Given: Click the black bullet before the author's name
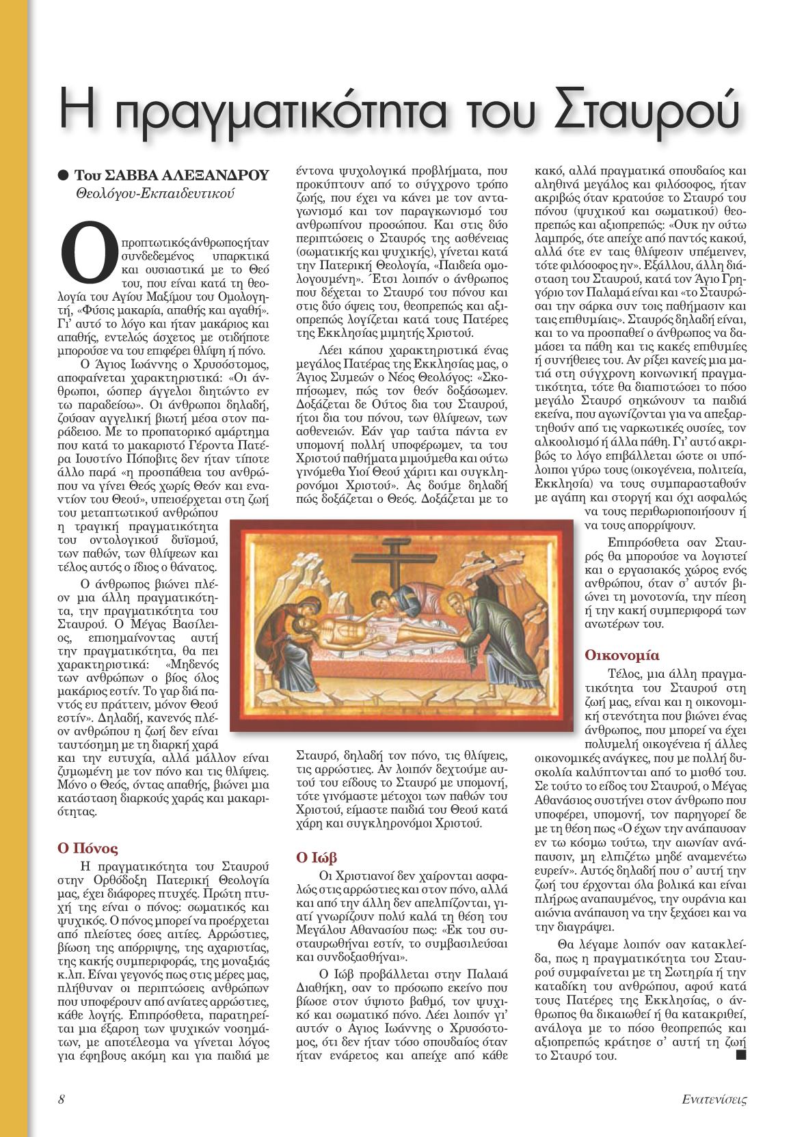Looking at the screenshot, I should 64,174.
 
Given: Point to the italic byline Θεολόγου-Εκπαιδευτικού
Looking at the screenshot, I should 155,193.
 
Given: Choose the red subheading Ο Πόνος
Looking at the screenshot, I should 87,849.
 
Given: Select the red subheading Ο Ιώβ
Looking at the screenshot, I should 317,857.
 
